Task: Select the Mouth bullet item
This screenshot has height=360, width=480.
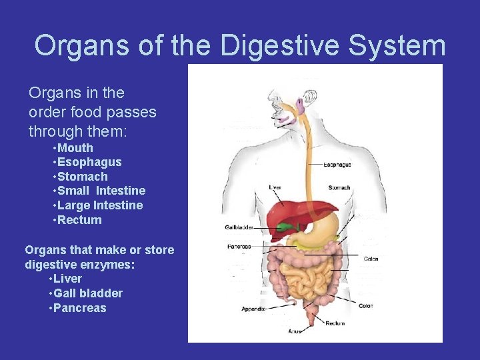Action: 75,148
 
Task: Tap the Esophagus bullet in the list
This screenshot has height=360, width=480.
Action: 89,162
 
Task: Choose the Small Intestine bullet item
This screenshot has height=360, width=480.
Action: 101,191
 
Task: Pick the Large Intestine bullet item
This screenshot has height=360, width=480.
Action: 99,205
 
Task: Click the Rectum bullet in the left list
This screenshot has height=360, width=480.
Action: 79,220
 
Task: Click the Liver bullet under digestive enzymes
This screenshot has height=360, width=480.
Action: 68,279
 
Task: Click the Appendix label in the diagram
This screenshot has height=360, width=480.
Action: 253,309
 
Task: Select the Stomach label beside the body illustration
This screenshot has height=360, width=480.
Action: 339,188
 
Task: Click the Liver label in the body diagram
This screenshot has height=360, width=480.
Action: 275,188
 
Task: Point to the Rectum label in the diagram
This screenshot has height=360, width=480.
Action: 335,323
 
